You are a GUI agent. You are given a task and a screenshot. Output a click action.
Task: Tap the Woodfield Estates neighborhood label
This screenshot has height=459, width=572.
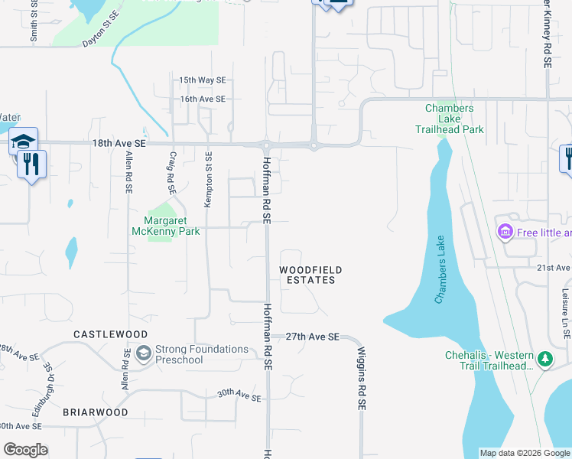tap(310, 275)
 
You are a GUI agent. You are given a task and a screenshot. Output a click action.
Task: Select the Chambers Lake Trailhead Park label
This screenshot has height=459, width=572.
tap(454, 119)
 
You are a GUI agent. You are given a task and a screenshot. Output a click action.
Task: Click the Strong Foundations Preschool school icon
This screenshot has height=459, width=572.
tap(143, 354)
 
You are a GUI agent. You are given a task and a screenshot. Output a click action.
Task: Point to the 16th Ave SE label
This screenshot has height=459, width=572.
tap(203, 99)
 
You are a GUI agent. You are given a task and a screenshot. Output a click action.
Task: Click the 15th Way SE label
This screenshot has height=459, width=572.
tap(203, 80)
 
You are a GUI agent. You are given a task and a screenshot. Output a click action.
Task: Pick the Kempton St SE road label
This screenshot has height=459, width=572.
tap(207, 180)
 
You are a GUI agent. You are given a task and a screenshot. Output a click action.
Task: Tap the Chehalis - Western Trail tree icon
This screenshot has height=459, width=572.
tap(544, 359)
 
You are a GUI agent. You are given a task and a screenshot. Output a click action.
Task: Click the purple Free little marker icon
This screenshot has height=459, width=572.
tap(505, 232)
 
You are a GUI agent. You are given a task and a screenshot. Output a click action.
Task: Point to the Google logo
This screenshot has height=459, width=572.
tap(25, 450)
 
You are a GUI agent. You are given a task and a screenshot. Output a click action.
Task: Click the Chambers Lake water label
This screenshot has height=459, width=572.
tap(440, 269)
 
